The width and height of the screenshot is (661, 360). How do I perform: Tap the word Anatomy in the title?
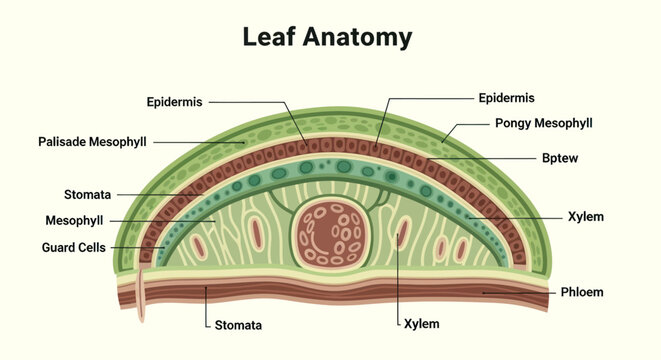click(357, 38)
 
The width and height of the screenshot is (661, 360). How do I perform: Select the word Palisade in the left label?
click(62, 142)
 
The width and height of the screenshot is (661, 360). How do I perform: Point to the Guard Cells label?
click(73, 247)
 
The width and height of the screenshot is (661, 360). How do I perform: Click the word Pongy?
click(512, 124)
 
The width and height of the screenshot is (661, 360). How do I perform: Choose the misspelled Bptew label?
click(560, 159)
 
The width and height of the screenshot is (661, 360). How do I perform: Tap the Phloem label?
click(582, 292)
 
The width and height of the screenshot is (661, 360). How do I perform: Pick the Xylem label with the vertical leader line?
click(422, 324)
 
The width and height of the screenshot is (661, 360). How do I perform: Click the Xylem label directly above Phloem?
click(586, 217)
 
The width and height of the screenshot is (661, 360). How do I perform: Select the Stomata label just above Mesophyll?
click(87, 195)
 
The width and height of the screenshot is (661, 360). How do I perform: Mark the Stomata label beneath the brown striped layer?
click(238, 325)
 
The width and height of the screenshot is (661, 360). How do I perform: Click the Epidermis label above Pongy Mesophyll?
click(506, 99)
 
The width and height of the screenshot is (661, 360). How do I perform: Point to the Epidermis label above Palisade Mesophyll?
click(175, 102)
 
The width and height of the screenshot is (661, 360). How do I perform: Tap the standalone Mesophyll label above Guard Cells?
click(74, 221)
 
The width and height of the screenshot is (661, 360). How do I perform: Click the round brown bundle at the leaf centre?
click(331, 234)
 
